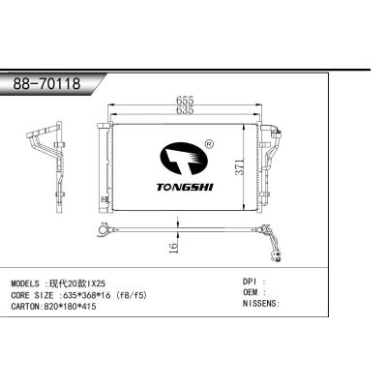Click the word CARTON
(28, 304)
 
